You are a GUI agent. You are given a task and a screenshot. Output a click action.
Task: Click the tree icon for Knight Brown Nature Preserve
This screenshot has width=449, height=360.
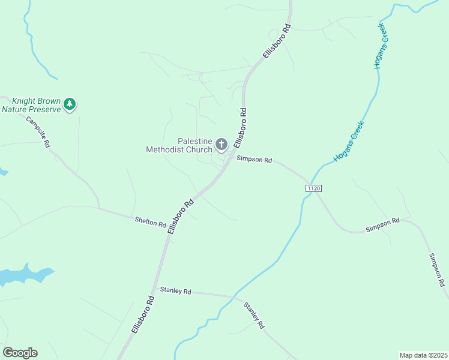70,104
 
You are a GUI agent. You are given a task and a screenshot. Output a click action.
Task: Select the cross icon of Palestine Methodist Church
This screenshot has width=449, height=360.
221,144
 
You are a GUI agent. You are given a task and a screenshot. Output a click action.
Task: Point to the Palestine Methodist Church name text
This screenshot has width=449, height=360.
179,145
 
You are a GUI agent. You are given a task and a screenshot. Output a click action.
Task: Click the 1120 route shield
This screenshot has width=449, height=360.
313,188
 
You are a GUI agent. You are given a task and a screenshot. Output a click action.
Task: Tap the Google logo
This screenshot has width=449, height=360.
20,353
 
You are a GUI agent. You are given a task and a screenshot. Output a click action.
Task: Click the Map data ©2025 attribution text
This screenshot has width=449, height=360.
423,355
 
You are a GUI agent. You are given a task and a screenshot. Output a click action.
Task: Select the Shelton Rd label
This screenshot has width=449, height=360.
150,222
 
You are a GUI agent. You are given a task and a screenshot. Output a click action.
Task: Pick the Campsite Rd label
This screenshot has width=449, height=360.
38,131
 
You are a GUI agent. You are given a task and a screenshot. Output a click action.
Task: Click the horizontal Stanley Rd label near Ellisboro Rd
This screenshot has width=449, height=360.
175,291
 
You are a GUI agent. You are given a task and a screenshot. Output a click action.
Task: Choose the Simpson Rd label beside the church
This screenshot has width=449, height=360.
255,160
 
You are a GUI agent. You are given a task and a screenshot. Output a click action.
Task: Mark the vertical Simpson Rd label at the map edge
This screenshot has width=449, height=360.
436,269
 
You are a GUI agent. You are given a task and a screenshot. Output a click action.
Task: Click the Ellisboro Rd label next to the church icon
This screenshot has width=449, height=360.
240,128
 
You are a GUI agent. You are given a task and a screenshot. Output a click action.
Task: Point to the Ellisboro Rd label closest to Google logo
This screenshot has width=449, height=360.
143,315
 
